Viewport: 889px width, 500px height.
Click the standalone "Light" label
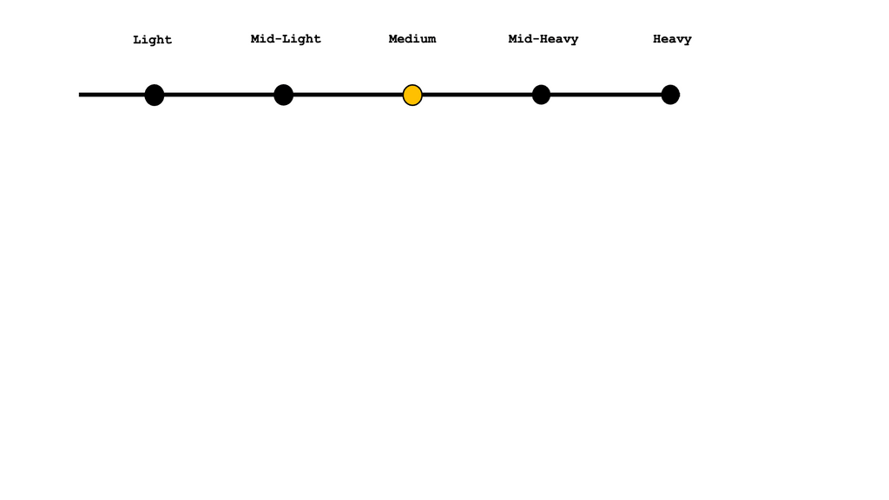152,40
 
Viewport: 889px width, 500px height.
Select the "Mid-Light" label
286,39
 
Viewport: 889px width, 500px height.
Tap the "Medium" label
412,39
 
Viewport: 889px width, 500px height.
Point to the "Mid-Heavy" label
543,39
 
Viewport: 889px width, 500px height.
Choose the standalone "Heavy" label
672,39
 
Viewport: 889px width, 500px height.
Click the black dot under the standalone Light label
154,95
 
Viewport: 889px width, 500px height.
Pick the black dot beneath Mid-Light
283,95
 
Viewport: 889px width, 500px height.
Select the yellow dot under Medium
412,95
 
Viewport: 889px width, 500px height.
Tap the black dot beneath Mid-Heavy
541,95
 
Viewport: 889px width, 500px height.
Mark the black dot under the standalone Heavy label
670,95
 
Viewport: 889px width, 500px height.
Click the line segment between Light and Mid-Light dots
219,95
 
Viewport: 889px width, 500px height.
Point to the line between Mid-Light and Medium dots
347,95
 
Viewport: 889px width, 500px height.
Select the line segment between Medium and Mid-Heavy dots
477,95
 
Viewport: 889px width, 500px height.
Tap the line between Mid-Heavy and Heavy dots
605,95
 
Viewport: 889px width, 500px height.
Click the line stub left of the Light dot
111,95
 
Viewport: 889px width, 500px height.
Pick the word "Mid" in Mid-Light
262,39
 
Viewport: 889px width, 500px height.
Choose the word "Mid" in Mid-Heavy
520,39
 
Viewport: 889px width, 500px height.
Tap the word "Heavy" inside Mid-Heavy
559,39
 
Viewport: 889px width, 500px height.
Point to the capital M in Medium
393,39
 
